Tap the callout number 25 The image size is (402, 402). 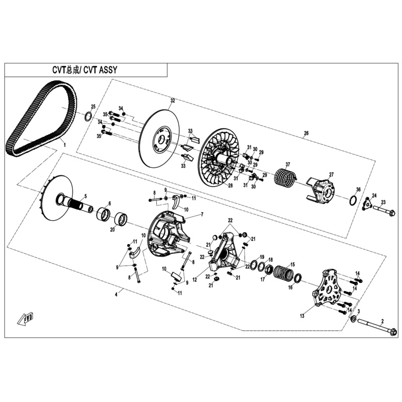92,107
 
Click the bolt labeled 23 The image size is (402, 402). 384,211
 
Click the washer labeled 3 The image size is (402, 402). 354,320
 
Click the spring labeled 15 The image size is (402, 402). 284,272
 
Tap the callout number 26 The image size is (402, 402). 306,133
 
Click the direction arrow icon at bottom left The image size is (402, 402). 25,318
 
